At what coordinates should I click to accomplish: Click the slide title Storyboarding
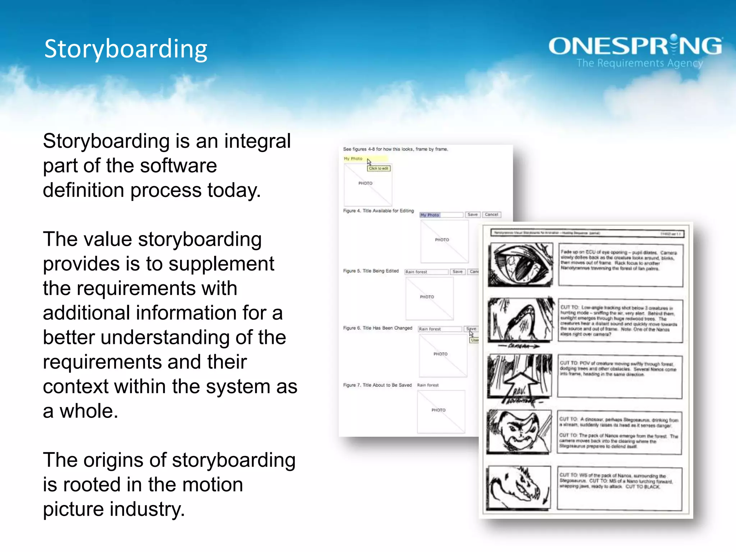pos(126,49)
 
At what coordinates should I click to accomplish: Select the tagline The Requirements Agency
pos(640,63)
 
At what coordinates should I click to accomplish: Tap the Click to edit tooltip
pos(378,168)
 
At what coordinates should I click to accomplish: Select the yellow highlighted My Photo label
pos(354,158)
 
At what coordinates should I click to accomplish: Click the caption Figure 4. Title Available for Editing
pos(378,211)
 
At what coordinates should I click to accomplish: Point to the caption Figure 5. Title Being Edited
pos(371,271)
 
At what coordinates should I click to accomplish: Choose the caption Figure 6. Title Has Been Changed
pos(377,328)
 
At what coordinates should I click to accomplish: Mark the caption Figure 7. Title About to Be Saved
pos(377,385)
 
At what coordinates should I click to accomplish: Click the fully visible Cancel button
pos(491,215)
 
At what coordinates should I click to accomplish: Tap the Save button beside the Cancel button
pos(472,215)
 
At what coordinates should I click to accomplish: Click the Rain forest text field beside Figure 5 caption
pos(426,272)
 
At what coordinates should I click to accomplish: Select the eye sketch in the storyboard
pos(520,264)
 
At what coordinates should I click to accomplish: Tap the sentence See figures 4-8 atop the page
pos(395,149)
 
